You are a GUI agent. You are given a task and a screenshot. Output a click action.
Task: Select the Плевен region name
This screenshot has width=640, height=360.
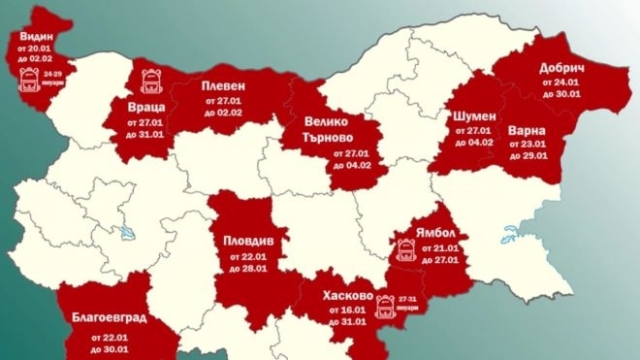coord(224,85)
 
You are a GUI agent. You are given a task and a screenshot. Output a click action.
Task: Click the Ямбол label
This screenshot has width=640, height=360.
coord(438,231)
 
